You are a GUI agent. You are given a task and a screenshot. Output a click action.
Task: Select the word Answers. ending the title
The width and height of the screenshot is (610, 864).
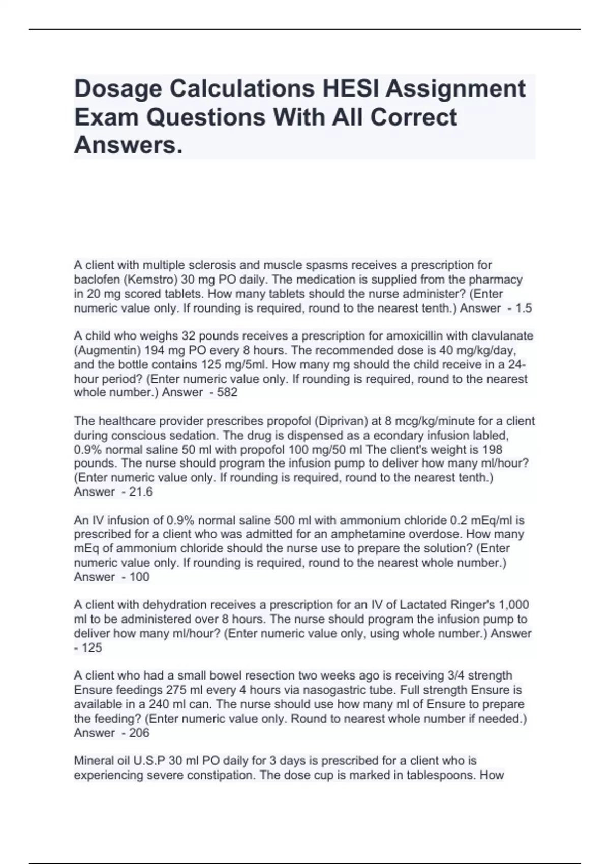(x=128, y=145)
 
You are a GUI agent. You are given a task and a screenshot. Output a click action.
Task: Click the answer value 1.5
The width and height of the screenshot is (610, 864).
(x=524, y=308)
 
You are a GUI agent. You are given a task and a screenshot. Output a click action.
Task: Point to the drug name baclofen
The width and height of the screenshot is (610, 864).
(x=95, y=280)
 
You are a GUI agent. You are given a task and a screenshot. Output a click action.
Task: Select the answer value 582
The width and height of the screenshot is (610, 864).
(x=227, y=392)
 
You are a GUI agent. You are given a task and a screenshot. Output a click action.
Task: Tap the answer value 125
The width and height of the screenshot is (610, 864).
(x=91, y=647)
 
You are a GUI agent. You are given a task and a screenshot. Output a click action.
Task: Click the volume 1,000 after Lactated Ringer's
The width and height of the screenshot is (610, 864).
(x=514, y=605)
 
